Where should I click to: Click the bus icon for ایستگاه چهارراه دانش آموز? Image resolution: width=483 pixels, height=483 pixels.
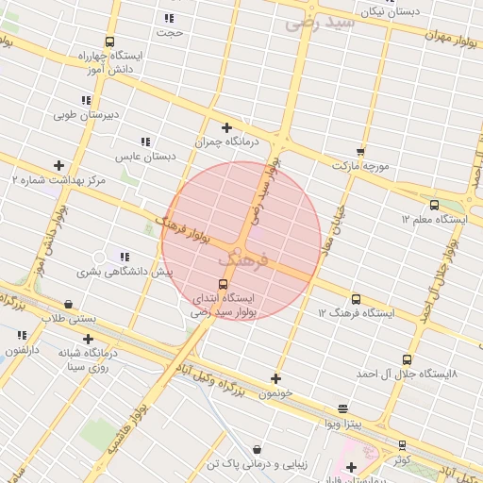pos(110,42)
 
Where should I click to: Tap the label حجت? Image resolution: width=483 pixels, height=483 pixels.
pos(170,32)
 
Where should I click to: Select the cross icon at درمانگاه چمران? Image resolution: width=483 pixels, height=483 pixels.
pos(226,127)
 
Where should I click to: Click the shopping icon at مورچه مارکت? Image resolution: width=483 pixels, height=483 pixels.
pos(359,152)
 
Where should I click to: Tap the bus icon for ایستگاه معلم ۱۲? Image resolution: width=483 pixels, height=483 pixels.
pos(434,205)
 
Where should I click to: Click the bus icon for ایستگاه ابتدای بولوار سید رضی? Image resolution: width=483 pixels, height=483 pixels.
pos(223,284)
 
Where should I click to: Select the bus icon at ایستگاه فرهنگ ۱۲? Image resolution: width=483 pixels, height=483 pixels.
pos(356,299)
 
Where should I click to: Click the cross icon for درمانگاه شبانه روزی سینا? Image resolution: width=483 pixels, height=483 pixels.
pos(88,339)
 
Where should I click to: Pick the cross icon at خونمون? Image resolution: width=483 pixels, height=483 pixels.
pos(275,379)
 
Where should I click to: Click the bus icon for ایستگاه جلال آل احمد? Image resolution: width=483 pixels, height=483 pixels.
pos(407,359)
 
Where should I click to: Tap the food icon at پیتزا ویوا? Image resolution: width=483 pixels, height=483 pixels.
pos(341,408)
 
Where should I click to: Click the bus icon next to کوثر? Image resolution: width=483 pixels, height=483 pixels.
pos(403,444)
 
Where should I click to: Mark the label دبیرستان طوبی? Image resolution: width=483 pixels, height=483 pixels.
pos(85,116)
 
